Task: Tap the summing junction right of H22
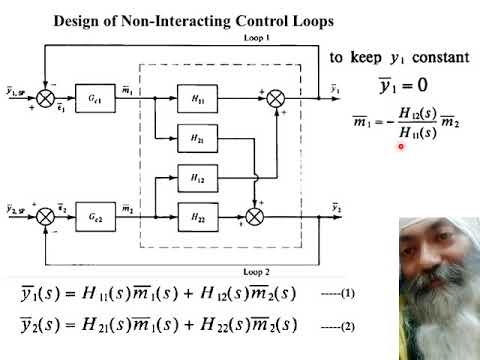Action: click(x=255, y=213)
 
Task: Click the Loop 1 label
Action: click(x=257, y=38)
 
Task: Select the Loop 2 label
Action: click(x=257, y=271)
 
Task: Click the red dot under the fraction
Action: click(x=400, y=146)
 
